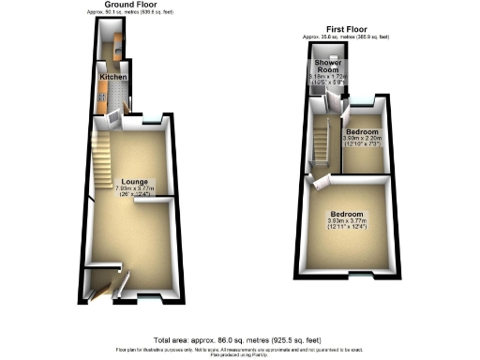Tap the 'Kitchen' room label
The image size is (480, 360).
[113, 77]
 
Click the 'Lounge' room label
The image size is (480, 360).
[133, 181]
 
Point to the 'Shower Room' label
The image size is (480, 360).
[327, 67]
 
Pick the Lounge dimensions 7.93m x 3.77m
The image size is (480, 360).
[134, 188]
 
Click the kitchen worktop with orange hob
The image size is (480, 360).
[101, 92]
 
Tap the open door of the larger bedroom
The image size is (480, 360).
[319, 183]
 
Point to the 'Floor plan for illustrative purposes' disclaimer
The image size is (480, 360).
[240, 349]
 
